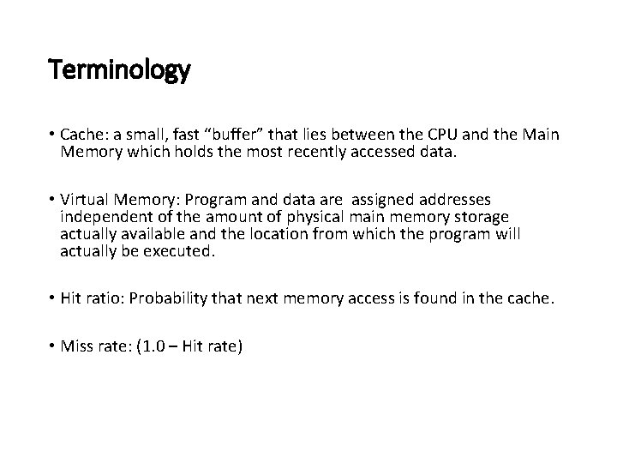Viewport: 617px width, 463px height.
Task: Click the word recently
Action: tap(328, 153)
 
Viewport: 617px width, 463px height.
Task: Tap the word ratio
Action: tap(108, 298)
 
